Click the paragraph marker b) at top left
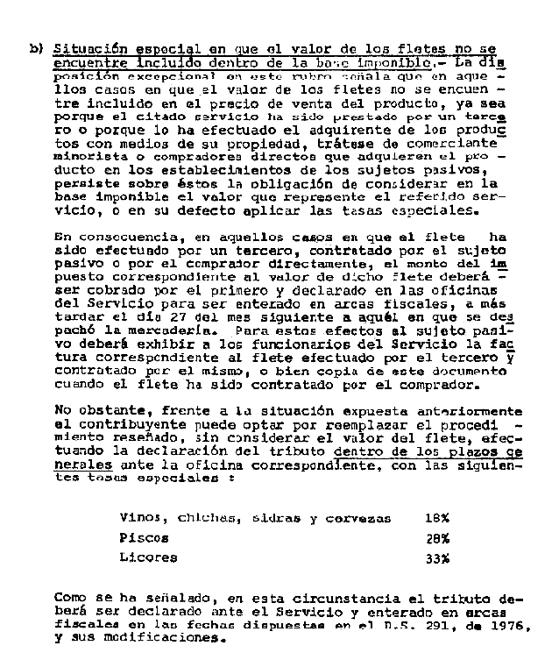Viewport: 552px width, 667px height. (37, 50)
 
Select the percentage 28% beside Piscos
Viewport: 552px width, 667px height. (436, 538)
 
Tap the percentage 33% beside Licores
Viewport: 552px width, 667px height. (436, 557)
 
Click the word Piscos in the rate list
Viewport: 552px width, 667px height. (145, 538)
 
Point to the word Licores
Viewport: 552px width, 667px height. (148, 557)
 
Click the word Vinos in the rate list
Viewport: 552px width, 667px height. (141, 518)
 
